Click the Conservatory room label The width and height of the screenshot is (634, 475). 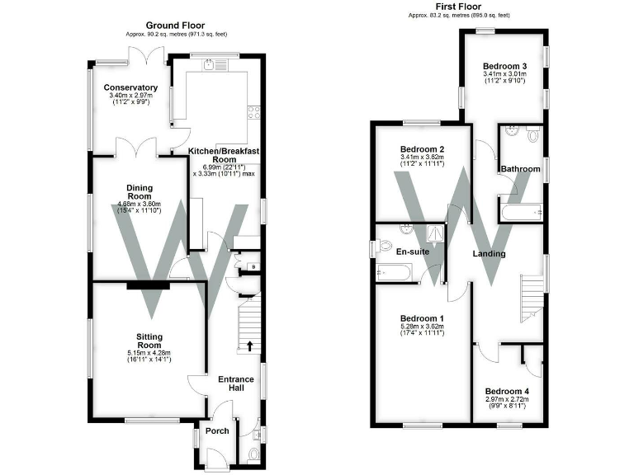(x=130, y=87)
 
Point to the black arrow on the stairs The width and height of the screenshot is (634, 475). (x=250, y=345)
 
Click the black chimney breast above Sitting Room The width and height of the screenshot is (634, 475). (x=148, y=285)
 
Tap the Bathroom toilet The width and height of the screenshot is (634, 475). (x=532, y=134)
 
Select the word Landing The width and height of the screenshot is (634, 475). (x=489, y=253)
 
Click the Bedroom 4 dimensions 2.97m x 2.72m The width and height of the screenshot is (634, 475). (x=507, y=402)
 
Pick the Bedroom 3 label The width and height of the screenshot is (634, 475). (x=504, y=66)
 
